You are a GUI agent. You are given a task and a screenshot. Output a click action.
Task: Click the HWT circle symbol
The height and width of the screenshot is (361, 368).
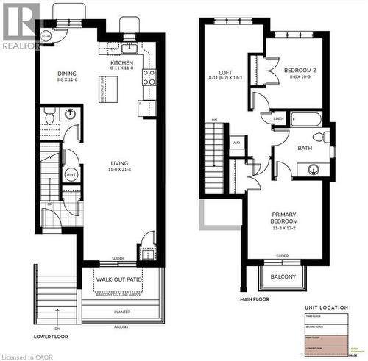click(x=71, y=174)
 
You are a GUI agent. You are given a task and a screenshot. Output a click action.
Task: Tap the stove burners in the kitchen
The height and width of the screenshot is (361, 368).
click(x=149, y=77)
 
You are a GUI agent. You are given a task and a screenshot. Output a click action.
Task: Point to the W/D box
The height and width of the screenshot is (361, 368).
click(x=236, y=143)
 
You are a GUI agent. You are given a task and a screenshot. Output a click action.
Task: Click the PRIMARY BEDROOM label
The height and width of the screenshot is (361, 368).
click(x=283, y=221)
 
